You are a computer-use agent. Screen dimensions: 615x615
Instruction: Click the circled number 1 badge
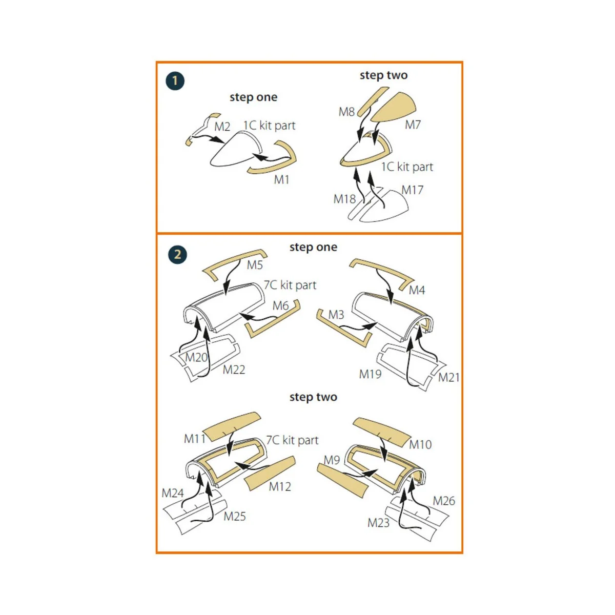(175, 81)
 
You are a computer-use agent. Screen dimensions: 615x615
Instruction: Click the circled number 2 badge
(177, 254)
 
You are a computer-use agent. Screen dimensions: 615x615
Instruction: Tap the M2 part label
(222, 127)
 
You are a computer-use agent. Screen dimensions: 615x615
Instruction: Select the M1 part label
(281, 180)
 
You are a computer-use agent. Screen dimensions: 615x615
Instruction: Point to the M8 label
(346, 112)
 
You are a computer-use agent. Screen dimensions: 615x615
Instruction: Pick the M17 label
(413, 190)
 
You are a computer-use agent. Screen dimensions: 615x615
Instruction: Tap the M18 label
(344, 199)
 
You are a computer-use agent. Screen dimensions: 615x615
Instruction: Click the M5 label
(255, 265)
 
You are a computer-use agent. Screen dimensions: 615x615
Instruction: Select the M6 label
(280, 306)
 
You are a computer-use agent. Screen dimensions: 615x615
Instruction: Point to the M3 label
(336, 315)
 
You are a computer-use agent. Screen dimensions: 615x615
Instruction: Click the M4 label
(417, 290)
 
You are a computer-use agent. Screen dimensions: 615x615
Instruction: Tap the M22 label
(234, 370)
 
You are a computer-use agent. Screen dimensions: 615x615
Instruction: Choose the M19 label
(370, 374)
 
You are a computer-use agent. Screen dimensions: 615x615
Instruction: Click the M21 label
(449, 378)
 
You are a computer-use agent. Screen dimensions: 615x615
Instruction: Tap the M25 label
(235, 517)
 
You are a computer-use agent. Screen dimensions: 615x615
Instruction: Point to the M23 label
(379, 523)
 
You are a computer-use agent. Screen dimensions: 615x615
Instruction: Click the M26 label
(444, 501)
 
